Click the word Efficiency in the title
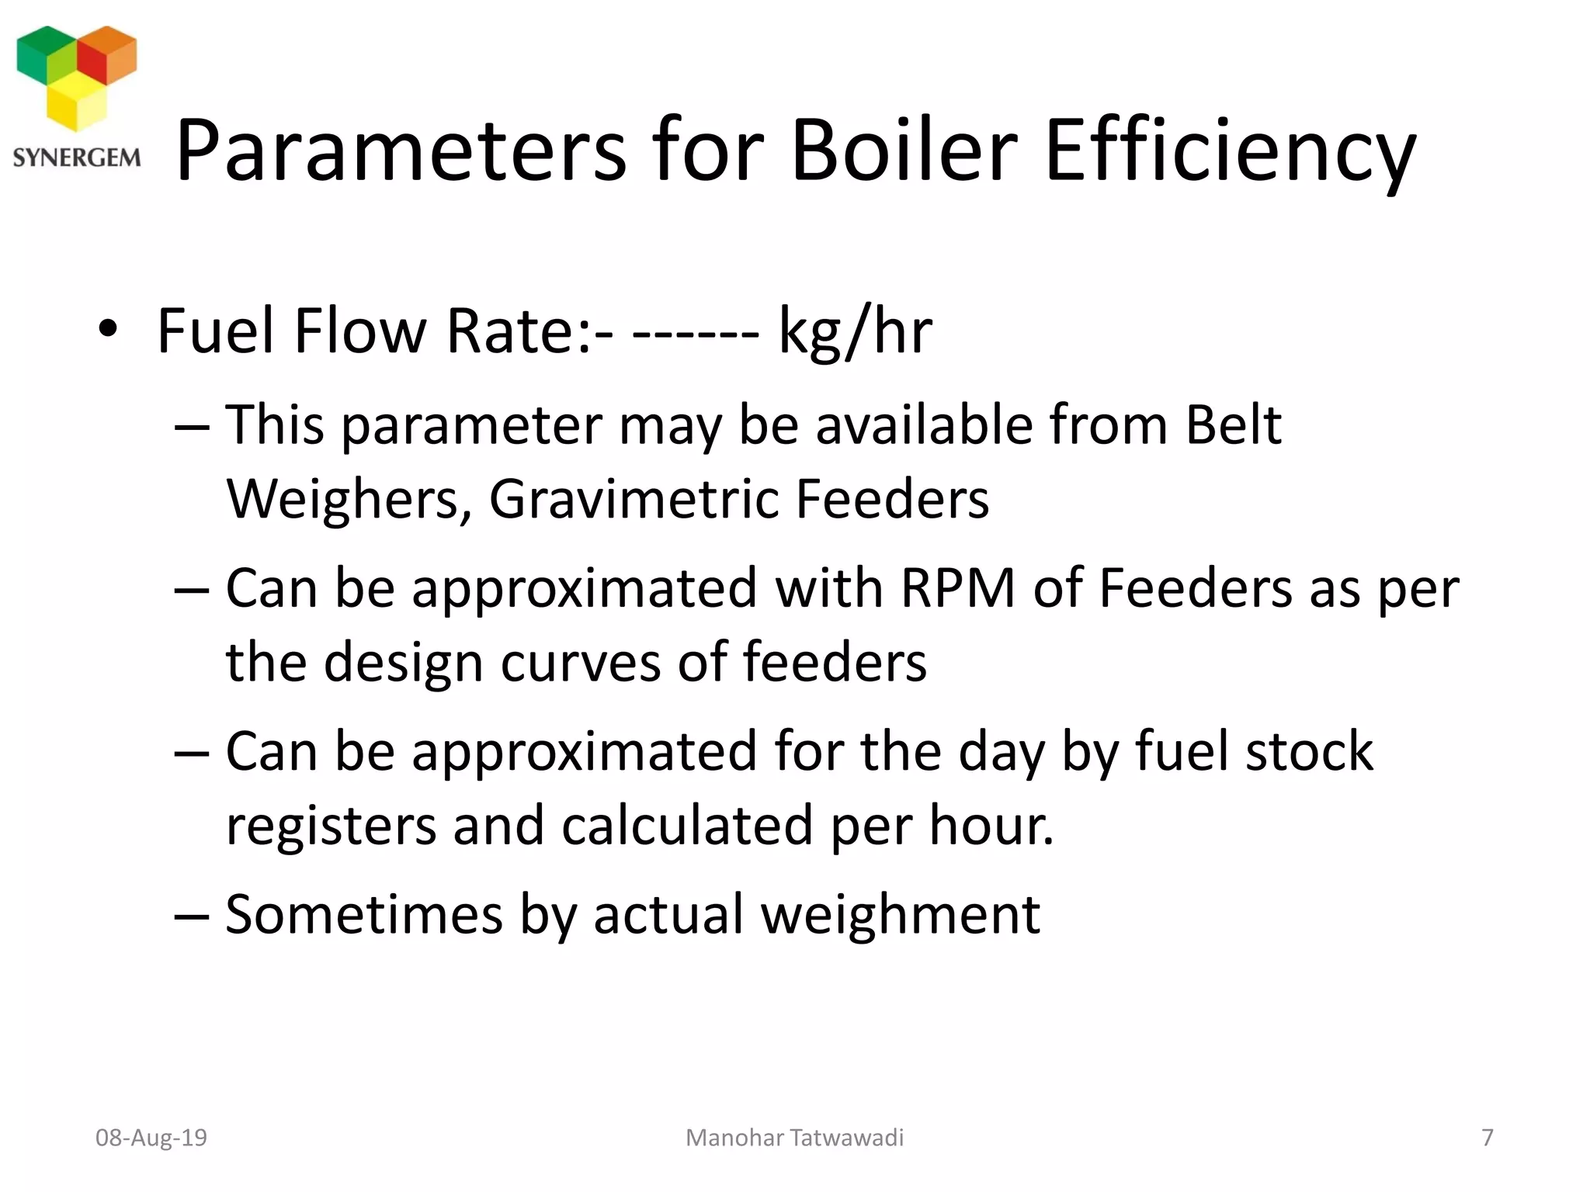[x=1231, y=151]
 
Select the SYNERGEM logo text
[x=77, y=158]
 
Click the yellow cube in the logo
[x=76, y=104]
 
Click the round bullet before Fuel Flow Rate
[x=108, y=329]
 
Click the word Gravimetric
[x=634, y=498]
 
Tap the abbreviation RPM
[x=958, y=587]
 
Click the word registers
[x=331, y=826]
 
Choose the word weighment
[x=900, y=914]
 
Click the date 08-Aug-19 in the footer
[x=151, y=1138]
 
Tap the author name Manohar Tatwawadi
[x=794, y=1138]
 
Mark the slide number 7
[x=1488, y=1138]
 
